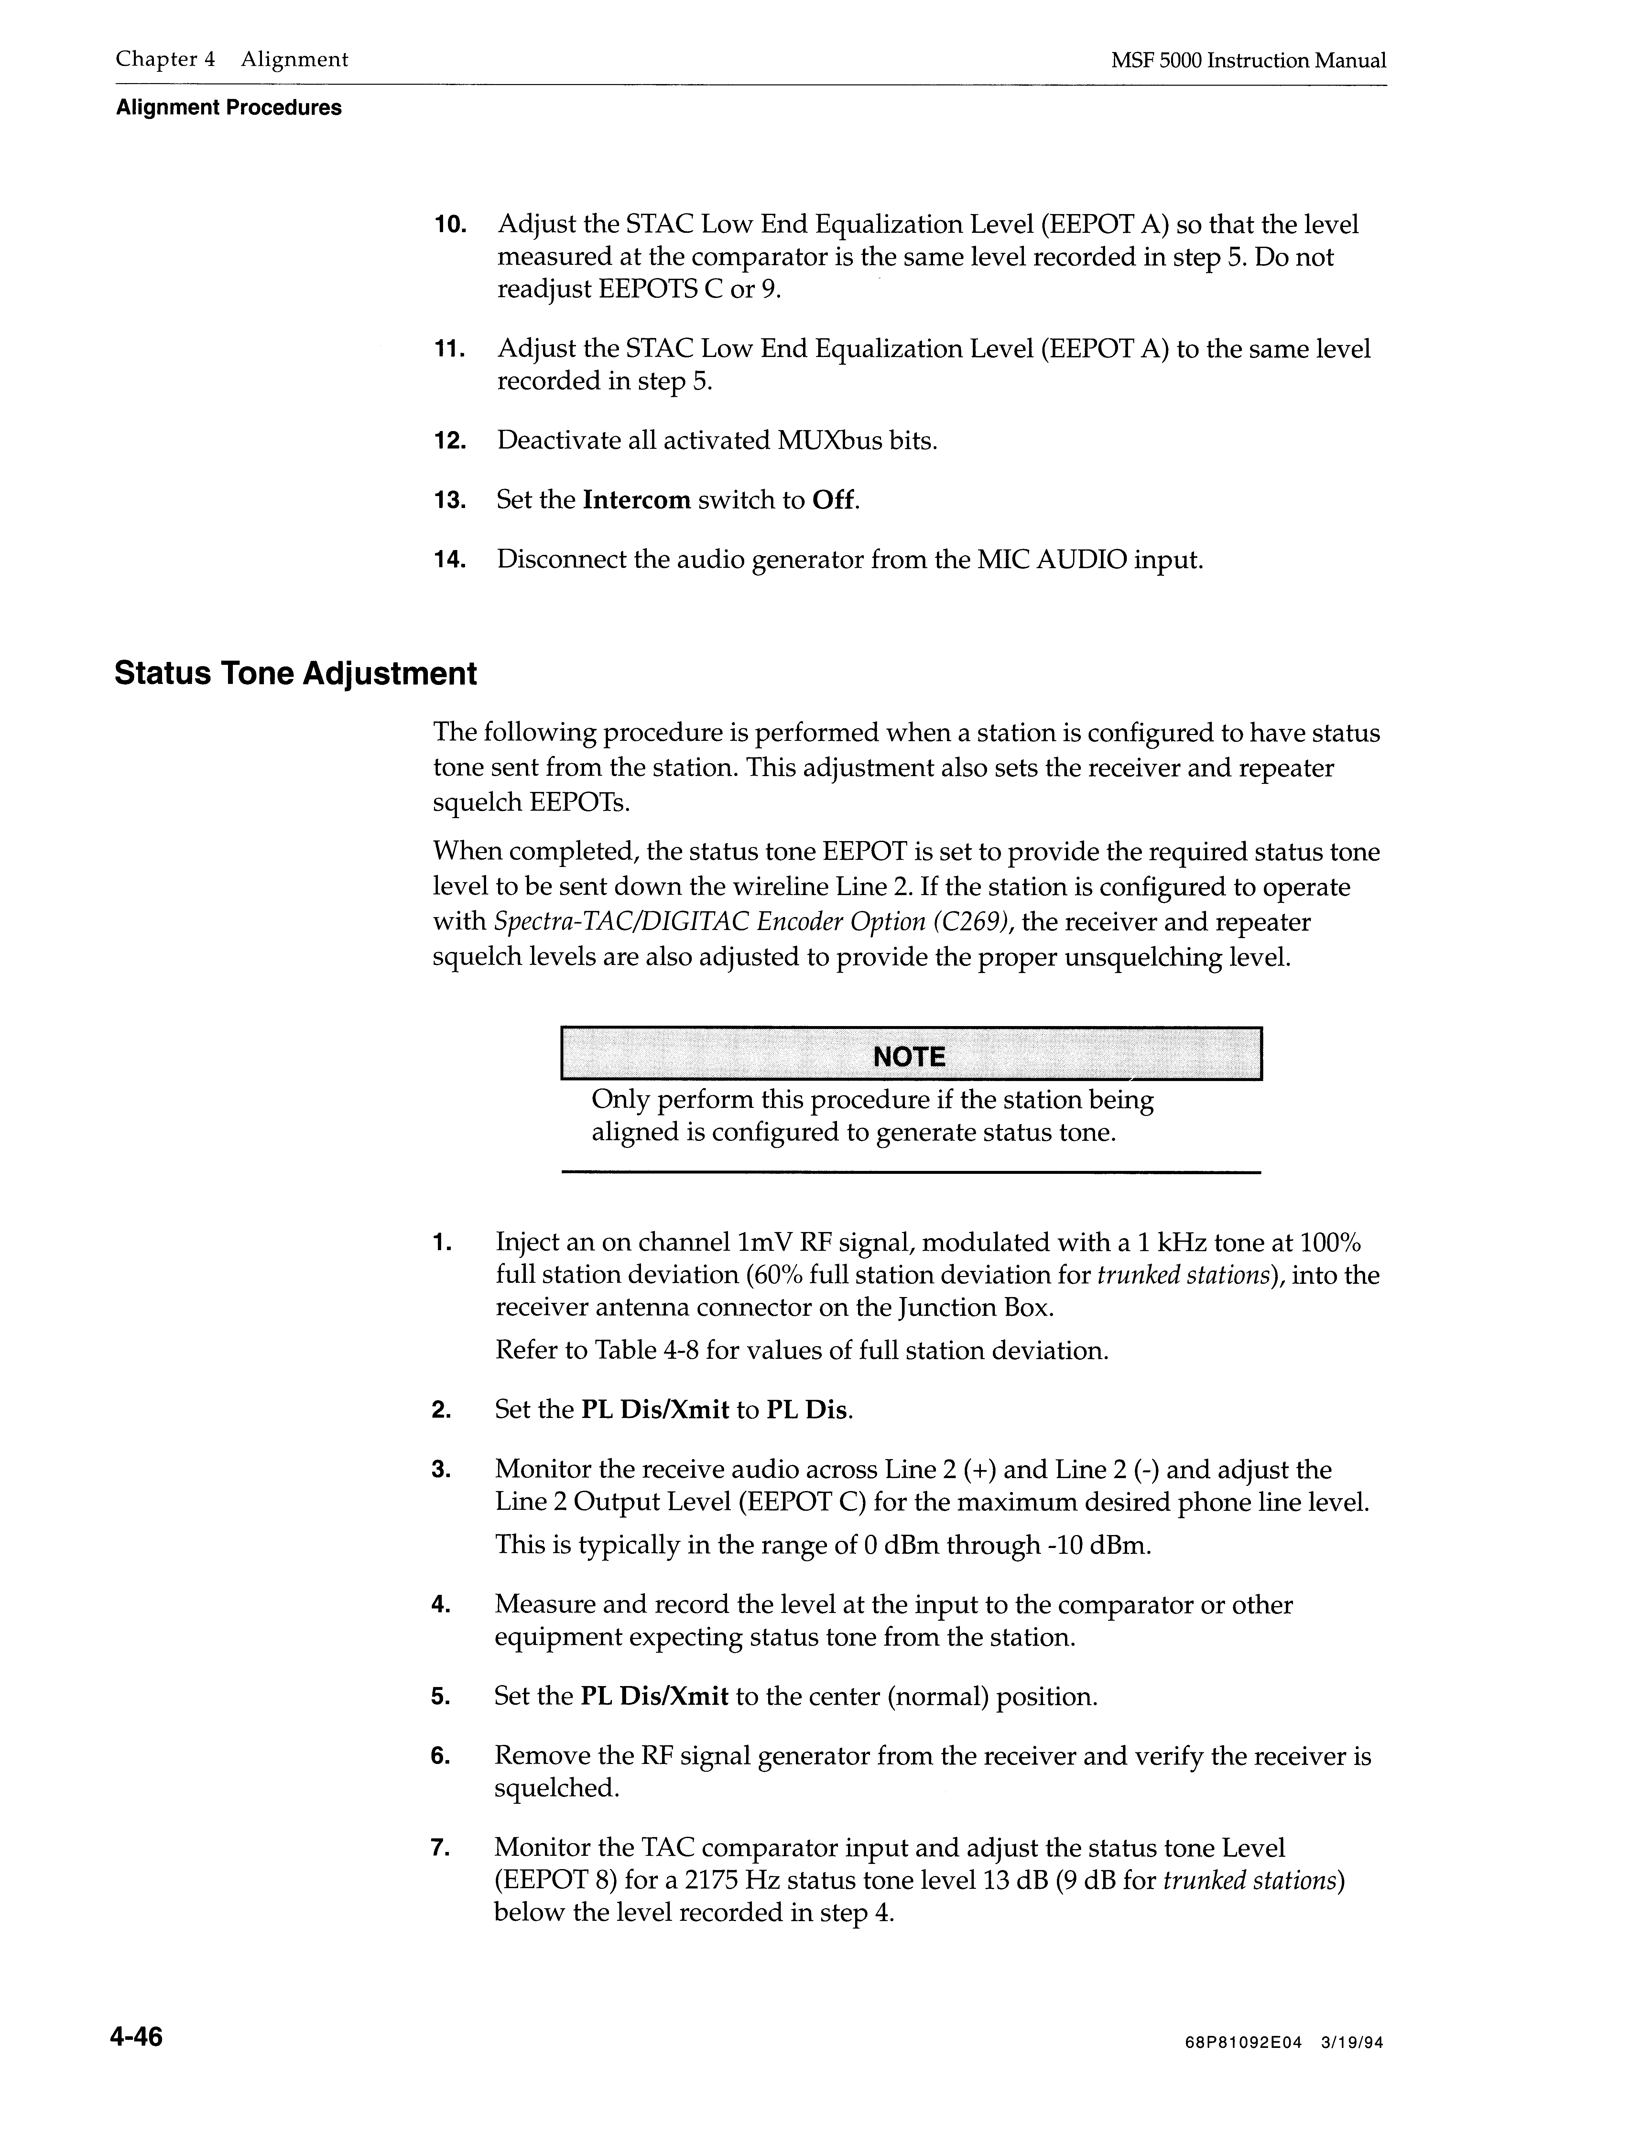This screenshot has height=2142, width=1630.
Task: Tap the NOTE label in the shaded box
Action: [x=909, y=1056]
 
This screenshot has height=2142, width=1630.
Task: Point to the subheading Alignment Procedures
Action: [x=229, y=108]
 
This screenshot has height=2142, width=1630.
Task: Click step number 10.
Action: [x=450, y=225]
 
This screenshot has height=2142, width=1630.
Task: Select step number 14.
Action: [x=450, y=560]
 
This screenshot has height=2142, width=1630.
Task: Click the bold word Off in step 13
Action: [x=834, y=501]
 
